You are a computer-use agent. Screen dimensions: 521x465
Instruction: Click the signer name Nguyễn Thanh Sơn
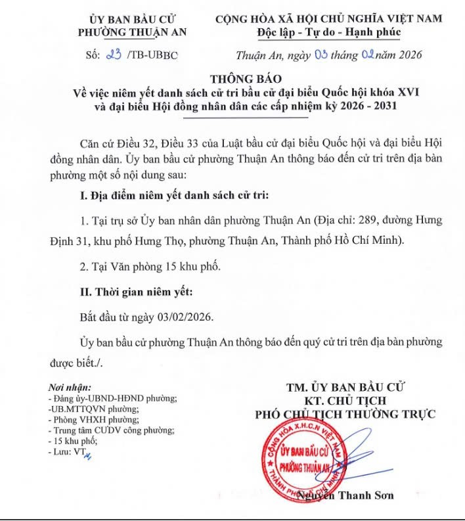(x=346, y=495)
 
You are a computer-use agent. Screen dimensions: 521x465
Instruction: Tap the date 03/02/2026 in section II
(x=187, y=315)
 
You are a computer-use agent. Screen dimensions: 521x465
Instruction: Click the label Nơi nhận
(x=70, y=388)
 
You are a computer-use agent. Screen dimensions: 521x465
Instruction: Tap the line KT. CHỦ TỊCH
(x=345, y=400)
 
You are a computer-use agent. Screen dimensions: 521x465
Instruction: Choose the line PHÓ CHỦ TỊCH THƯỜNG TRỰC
(x=345, y=414)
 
